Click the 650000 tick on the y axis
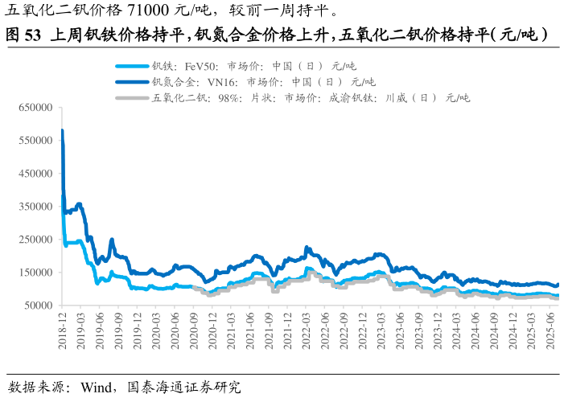(x=35, y=107)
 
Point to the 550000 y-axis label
(x=35, y=140)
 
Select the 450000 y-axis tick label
(x=35, y=173)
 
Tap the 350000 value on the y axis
(x=35, y=206)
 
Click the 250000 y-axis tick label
(x=35, y=240)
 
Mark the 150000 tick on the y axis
(x=35, y=273)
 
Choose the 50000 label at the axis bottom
(x=38, y=306)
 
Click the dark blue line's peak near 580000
(x=62, y=130)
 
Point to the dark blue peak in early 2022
(x=307, y=247)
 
